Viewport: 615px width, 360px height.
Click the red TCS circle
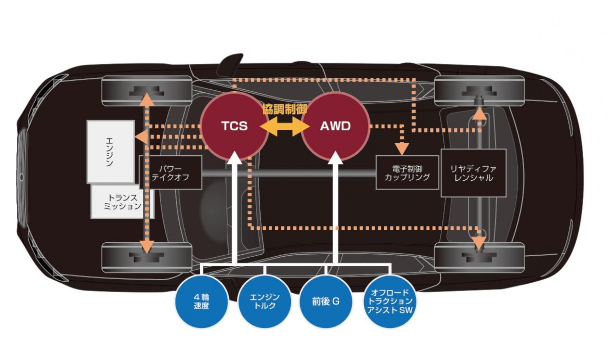pos(235,126)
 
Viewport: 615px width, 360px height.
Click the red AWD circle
pos(336,126)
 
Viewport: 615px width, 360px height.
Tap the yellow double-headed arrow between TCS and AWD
pos(285,126)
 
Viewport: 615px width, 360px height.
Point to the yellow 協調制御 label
pos(285,109)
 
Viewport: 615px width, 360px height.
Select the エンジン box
pos(111,152)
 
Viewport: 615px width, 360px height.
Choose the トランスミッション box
pos(122,202)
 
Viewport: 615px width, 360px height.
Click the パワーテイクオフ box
pos(171,173)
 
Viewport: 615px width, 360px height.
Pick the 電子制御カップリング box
pos(407,173)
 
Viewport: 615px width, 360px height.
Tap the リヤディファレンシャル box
pos(473,173)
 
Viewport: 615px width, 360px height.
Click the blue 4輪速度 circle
pos(201,301)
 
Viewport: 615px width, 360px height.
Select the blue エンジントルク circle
pos(264,301)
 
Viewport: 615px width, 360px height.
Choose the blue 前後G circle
pos(326,301)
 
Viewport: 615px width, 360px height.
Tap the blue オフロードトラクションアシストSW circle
pos(389,301)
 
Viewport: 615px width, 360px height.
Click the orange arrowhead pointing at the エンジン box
pos(141,137)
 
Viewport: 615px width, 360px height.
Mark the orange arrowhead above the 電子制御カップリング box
pos(402,149)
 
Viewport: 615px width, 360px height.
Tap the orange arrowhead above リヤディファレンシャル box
pos(480,113)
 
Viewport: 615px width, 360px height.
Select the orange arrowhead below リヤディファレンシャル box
pos(480,243)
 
